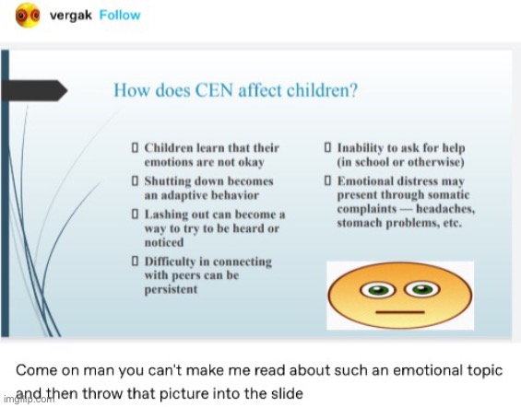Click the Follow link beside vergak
120,16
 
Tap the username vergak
70,16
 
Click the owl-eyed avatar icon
28,16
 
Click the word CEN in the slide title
214,90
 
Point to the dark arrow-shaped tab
34,90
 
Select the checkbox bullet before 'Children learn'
135,147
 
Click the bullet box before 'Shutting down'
135,181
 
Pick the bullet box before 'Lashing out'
135,214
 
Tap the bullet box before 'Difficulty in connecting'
135,261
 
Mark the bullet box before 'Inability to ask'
327,147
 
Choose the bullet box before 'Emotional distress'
327,181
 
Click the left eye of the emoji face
377,291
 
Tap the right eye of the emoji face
422,289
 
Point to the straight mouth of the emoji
400,312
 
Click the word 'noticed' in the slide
164,242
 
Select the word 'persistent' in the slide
172,289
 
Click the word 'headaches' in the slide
444,209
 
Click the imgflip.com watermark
29,399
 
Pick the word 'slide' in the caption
287,394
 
